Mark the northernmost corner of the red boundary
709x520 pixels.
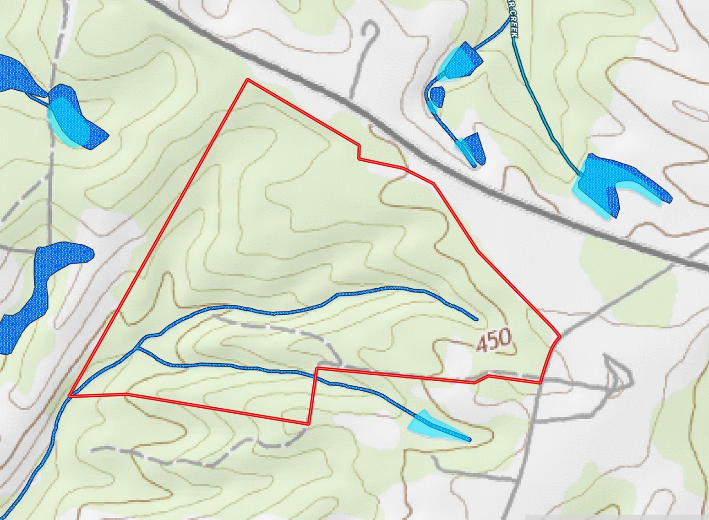[x=248, y=80]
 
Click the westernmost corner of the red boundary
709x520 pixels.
[x=70, y=395]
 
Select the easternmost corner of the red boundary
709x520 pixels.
[x=560, y=336]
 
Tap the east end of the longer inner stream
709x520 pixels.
[x=476, y=319]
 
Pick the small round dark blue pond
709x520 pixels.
[x=438, y=96]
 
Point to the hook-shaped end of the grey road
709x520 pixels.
[x=372, y=30]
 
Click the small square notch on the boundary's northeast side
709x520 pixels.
[x=360, y=152]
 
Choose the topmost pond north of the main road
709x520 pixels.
[x=465, y=60]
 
